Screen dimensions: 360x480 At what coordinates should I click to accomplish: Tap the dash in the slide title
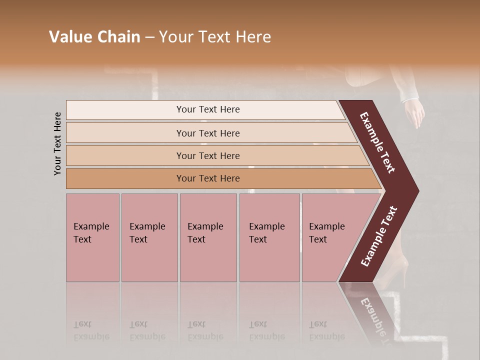coord(149,37)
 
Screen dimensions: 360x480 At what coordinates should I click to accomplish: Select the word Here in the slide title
coord(253,37)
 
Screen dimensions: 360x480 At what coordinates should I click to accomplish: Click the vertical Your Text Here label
coord(57,143)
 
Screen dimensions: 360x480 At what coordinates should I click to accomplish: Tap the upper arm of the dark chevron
coord(378,143)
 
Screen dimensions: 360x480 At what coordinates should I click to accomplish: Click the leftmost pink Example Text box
coord(92,237)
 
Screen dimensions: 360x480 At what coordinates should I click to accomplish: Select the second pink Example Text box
coord(149,237)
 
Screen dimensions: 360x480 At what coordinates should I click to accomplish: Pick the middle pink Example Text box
coord(208,237)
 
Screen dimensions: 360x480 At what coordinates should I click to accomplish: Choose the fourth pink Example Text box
coord(269,237)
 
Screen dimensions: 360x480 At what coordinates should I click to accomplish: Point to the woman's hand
coord(414,113)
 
